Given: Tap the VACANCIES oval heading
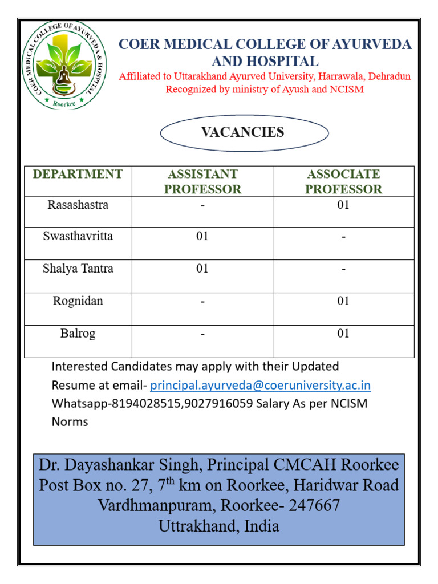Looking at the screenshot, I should pos(243,132).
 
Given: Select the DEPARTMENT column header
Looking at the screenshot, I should pos(78,175).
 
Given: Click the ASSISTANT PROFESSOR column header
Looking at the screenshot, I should pos(202,181).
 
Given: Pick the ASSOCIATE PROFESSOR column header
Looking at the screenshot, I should pos(343,181).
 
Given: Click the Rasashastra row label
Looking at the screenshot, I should pos(78,205).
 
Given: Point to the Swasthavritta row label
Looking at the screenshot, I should pos(78,236).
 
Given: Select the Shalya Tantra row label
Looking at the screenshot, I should pos(78,269).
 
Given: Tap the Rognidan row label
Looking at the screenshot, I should pos(78,301).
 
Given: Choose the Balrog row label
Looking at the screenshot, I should pos(78,334).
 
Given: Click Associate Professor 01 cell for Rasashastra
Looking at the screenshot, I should pos(343,205).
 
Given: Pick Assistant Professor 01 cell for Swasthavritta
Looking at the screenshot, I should pos(202,236).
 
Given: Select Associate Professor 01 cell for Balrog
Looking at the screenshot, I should pos(343,334).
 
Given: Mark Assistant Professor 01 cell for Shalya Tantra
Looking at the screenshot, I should pos(202,269).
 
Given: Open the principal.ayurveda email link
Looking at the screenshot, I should pos(260,386).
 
